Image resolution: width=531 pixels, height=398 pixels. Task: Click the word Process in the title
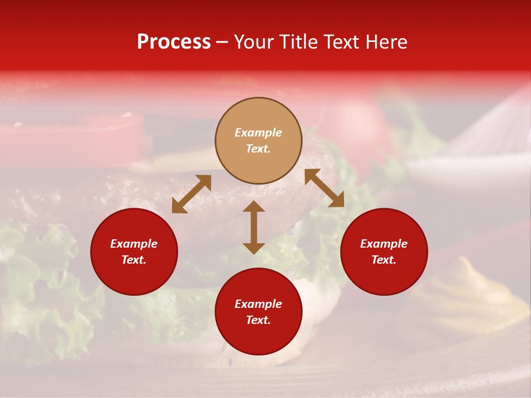[174, 42]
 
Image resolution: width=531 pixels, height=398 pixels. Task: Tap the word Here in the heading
[386, 42]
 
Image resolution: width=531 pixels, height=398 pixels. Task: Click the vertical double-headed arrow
[254, 227]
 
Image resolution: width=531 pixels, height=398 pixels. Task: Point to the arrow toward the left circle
[191, 194]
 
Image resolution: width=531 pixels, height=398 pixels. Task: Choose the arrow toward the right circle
[325, 188]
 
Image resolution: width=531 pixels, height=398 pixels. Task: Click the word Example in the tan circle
[258, 133]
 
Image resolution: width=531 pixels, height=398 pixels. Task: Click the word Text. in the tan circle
[258, 149]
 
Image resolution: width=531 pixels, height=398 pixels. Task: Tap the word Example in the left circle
[134, 244]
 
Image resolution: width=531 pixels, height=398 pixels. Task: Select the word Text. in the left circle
[134, 260]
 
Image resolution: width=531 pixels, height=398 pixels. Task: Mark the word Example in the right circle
[384, 244]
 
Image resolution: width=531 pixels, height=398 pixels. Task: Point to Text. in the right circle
[384, 260]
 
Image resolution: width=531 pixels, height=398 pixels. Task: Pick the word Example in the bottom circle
[258, 304]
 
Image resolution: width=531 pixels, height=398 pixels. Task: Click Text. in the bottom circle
[258, 320]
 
